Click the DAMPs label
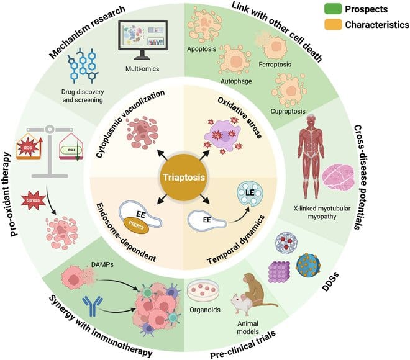[107, 263]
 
